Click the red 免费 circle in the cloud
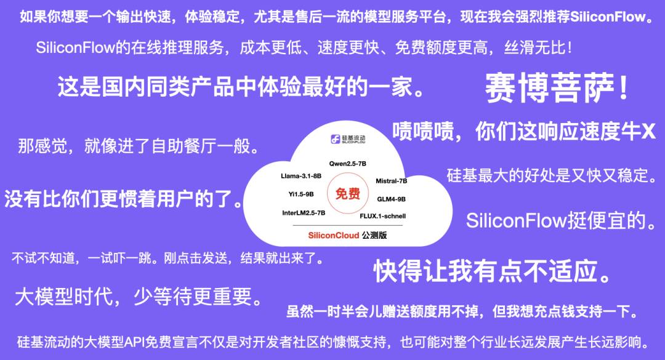[x=348, y=194]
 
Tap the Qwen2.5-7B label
[x=348, y=164]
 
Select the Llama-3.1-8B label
[x=301, y=176]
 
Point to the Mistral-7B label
[x=392, y=181]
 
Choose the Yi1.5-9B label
[x=301, y=194]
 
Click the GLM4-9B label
[x=391, y=199]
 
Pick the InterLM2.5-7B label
[x=304, y=213]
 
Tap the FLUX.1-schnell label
[x=382, y=216]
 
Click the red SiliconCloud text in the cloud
[x=334, y=235]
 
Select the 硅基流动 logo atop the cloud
[x=348, y=138]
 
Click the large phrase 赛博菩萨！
[x=557, y=88]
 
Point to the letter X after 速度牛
[x=648, y=132]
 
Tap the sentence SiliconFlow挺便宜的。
[x=562, y=220]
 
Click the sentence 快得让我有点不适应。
[x=493, y=271]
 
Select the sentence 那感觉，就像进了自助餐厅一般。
[x=139, y=146]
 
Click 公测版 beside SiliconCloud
[x=374, y=235]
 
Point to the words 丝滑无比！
[x=538, y=47]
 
